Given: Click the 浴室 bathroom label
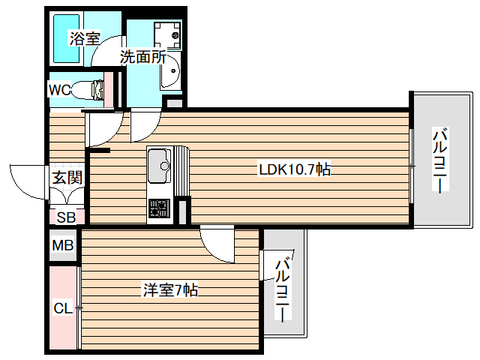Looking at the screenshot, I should [x=85, y=39].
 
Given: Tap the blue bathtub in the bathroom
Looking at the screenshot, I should [x=66, y=37].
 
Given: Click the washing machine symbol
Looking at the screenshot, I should [x=166, y=34].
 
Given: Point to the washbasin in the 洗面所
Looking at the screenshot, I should [x=170, y=73].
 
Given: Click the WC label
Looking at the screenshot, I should [x=59, y=90].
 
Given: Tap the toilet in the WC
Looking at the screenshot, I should [x=90, y=90].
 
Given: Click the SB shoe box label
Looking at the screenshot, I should [x=66, y=217].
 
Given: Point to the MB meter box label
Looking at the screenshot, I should [x=63, y=245].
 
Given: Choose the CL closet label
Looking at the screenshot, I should [x=63, y=307].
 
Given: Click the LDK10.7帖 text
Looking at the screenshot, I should [x=295, y=169].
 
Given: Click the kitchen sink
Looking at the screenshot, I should [x=160, y=165].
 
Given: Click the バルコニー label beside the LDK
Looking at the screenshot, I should [x=440, y=161].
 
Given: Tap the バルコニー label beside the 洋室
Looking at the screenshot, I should [x=282, y=289].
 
